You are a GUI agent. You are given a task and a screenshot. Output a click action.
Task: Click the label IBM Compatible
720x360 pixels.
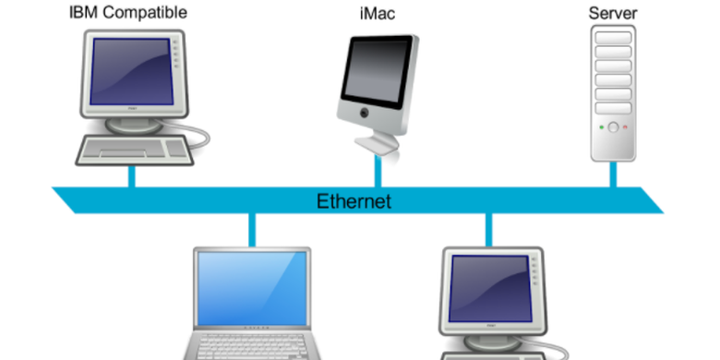tap(128, 13)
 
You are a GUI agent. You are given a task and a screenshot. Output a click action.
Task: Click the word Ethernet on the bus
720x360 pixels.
tap(354, 200)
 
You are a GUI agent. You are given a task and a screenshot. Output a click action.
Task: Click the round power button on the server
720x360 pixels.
tap(612, 126)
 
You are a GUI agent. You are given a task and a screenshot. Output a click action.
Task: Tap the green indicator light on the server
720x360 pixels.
tap(600, 126)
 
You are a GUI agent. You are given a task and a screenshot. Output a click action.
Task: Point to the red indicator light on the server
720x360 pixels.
tap(625, 126)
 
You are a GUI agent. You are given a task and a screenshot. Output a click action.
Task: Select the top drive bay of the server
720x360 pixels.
tap(612, 36)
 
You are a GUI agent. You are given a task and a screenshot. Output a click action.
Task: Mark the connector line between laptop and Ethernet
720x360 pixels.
tap(250, 229)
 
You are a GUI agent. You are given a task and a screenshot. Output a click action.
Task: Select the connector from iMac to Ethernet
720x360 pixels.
tap(377, 171)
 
